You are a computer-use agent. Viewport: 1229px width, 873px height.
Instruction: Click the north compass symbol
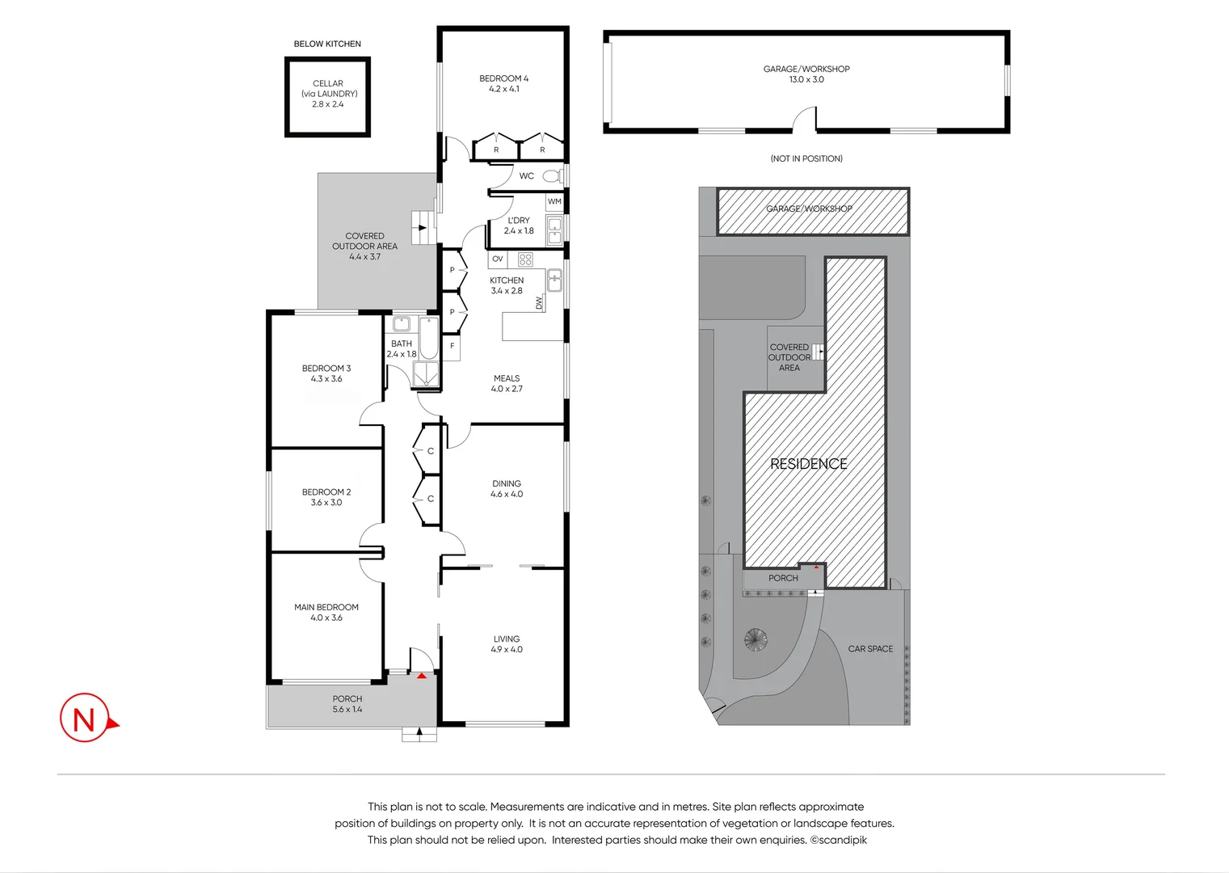(86, 718)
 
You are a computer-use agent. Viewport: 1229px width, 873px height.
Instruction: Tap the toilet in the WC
(552, 175)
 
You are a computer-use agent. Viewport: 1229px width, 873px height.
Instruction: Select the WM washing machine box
(554, 201)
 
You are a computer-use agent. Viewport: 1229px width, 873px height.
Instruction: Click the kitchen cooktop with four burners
(525, 259)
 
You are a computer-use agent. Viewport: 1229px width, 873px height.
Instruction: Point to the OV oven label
(498, 259)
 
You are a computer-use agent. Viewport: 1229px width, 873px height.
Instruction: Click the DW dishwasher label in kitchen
(539, 303)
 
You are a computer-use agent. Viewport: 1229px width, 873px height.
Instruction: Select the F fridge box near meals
(452, 346)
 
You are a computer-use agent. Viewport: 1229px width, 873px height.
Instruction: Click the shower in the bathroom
(425, 374)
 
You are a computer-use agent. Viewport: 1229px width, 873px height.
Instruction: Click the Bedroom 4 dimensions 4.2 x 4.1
(503, 89)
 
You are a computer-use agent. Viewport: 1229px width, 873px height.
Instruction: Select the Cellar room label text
(327, 83)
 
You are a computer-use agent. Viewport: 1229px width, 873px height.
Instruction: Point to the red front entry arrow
(422, 675)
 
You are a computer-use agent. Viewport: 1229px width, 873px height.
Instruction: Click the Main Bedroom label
(326, 607)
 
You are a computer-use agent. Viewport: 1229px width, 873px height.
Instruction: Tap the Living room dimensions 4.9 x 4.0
(507, 649)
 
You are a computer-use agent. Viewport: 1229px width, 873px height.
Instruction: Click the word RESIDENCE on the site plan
(808, 464)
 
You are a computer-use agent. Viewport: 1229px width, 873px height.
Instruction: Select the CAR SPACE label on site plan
(870, 648)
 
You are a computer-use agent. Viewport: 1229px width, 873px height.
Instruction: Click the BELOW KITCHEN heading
(327, 44)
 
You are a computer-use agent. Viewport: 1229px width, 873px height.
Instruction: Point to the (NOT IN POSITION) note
(806, 158)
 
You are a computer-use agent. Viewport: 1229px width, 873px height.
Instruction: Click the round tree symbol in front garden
(755, 639)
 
